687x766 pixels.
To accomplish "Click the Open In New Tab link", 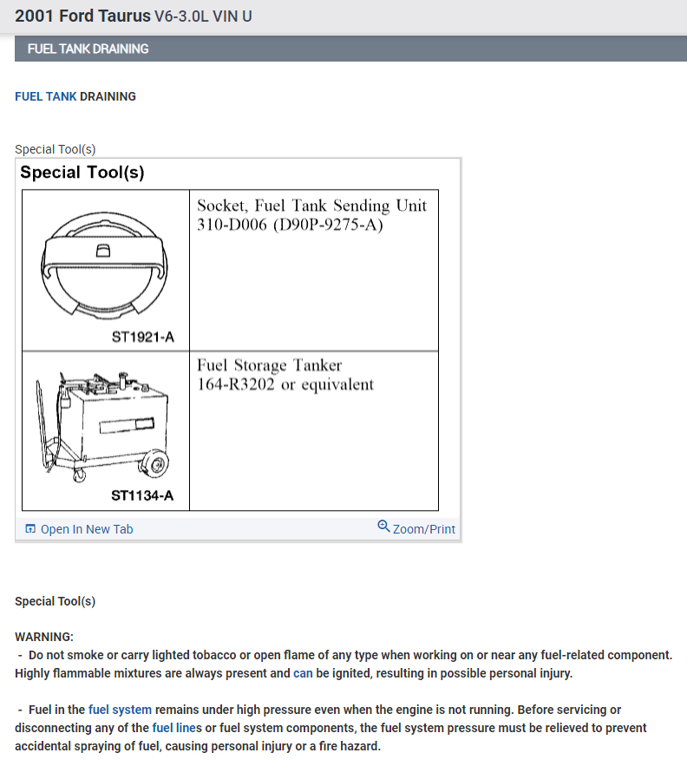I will tap(87, 529).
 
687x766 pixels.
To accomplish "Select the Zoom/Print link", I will tap(423, 529).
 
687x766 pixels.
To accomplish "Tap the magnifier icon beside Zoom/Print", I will tap(383, 527).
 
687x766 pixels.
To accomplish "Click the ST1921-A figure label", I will tap(143, 337).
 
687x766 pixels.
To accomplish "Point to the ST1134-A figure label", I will tap(142, 496).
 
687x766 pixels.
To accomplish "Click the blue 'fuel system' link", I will tap(120, 710).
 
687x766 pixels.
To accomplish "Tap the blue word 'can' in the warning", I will tap(303, 673).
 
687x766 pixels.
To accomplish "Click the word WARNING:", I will tap(44, 637).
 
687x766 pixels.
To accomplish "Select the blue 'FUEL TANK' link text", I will tap(46, 96).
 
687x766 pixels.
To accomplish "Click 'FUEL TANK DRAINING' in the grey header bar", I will tap(88, 49).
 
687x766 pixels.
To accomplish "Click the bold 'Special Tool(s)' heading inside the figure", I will tap(82, 172).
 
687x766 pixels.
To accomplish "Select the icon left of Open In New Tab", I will tap(30, 529).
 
